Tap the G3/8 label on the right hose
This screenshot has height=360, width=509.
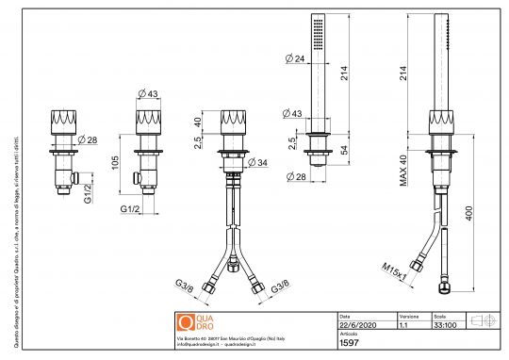(x=280, y=285)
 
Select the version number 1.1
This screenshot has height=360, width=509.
(x=403, y=326)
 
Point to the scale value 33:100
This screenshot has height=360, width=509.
(x=442, y=326)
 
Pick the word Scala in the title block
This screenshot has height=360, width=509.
(x=438, y=317)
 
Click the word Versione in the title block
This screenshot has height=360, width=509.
(x=408, y=317)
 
